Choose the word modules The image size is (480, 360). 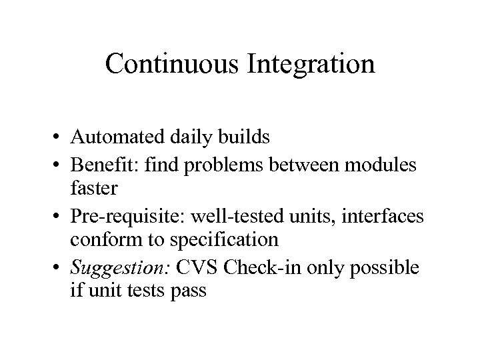(387, 165)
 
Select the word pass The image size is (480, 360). (187, 291)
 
